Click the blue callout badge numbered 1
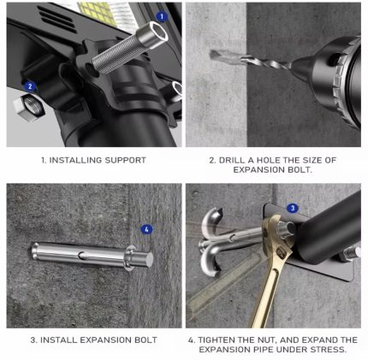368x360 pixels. (162, 17)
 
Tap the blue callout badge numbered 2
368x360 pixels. (30, 86)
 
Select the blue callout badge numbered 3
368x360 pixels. (293, 208)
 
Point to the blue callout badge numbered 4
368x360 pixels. (146, 229)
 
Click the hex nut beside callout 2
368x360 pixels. (29, 108)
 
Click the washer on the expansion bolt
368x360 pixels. (130, 257)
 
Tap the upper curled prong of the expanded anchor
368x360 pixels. (211, 221)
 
